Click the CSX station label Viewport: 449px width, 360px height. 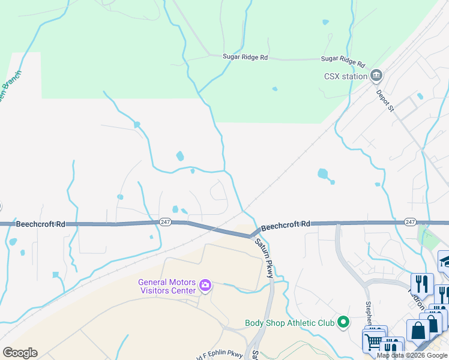[x=345, y=76]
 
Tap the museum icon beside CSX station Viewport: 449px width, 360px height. [x=376, y=76]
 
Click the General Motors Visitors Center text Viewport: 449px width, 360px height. [x=167, y=286]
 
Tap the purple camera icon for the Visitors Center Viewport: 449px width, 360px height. [x=205, y=284]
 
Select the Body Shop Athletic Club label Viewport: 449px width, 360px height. [x=289, y=323]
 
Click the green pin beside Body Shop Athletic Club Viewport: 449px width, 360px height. [x=343, y=322]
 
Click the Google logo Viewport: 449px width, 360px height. [x=20, y=352]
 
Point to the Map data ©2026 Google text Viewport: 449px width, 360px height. [x=412, y=355]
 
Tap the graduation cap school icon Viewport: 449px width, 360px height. [x=445, y=260]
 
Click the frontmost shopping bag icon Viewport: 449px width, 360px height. [x=418, y=331]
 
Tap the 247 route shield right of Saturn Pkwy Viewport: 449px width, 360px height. [x=411, y=222]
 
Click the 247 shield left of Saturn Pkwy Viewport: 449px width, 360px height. [x=166, y=222]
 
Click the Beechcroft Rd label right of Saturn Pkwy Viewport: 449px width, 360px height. [x=285, y=224]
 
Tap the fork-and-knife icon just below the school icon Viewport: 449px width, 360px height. [x=422, y=284]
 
